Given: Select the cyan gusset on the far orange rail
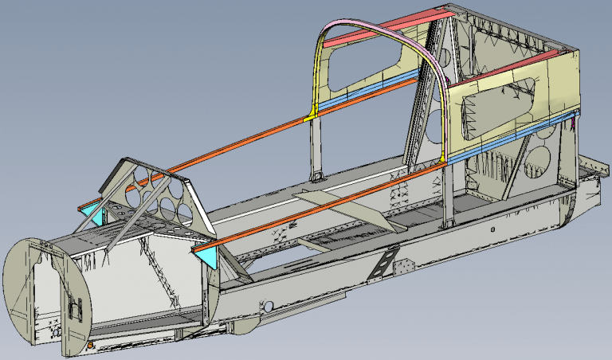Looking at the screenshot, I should click(96, 213).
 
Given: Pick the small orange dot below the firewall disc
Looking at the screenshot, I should click(90, 344).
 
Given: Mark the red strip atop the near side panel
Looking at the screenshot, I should click(510, 67).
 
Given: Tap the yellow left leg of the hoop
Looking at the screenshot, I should click(314, 80).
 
